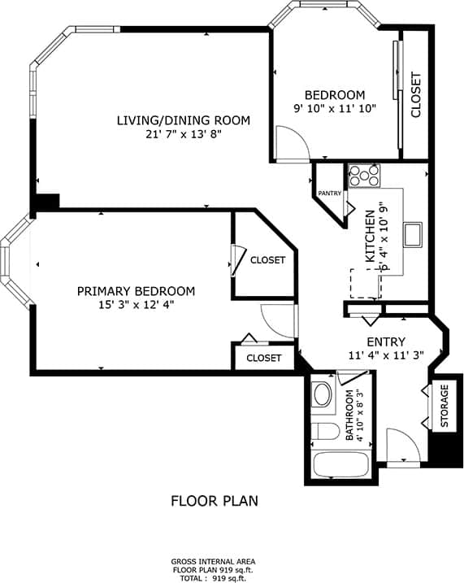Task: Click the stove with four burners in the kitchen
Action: [x=365, y=175]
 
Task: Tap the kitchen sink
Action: [x=414, y=233]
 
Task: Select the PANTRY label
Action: [x=329, y=194]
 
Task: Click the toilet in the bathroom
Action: [x=324, y=432]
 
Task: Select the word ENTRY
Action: [x=386, y=342]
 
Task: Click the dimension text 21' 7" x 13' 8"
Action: [x=183, y=135]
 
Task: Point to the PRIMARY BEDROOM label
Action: [x=136, y=291]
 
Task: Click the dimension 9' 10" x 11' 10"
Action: [x=334, y=109]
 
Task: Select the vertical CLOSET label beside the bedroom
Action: [x=416, y=96]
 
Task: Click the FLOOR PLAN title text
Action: [x=214, y=501]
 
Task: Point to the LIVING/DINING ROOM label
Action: [x=183, y=120]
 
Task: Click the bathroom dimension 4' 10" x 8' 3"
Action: [x=360, y=415]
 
